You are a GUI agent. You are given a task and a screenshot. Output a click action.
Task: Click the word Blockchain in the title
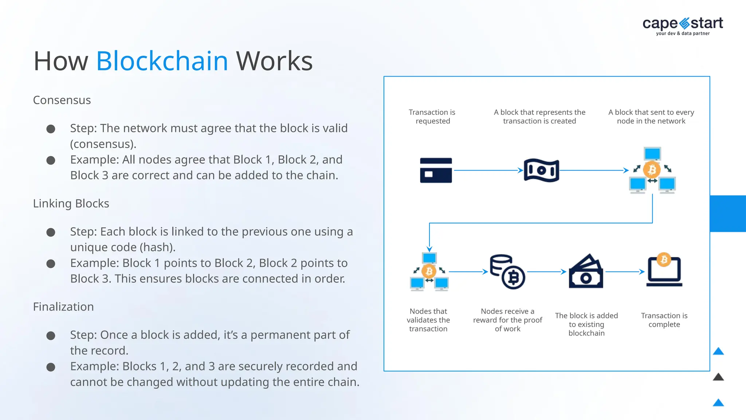click(x=162, y=61)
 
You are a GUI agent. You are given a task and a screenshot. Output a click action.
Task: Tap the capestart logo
click(x=683, y=26)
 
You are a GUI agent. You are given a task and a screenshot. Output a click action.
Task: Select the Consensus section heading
click(x=62, y=100)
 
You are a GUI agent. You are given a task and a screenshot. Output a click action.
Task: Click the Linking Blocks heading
click(x=71, y=203)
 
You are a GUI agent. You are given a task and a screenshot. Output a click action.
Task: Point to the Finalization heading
click(x=63, y=307)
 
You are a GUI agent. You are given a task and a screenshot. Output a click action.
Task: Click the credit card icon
click(x=436, y=170)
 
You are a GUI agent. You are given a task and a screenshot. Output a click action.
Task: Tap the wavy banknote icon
click(x=541, y=170)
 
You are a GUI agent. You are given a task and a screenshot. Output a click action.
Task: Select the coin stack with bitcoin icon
click(x=507, y=272)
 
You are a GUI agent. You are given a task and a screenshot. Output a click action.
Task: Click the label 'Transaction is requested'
click(x=432, y=117)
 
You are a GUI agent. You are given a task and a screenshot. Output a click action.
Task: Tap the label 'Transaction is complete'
click(x=664, y=320)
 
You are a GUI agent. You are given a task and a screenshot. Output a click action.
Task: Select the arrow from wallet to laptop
click(x=624, y=272)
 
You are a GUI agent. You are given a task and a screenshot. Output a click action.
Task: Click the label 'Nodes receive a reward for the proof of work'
click(x=507, y=320)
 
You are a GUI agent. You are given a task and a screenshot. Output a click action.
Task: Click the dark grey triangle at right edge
click(x=718, y=377)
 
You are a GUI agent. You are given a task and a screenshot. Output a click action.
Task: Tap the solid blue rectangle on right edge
click(x=728, y=214)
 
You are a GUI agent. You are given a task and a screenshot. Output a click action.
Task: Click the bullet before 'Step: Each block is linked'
click(x=51, y=232)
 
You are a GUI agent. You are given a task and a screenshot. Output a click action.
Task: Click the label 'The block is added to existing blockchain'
click(x=586, y=324)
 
